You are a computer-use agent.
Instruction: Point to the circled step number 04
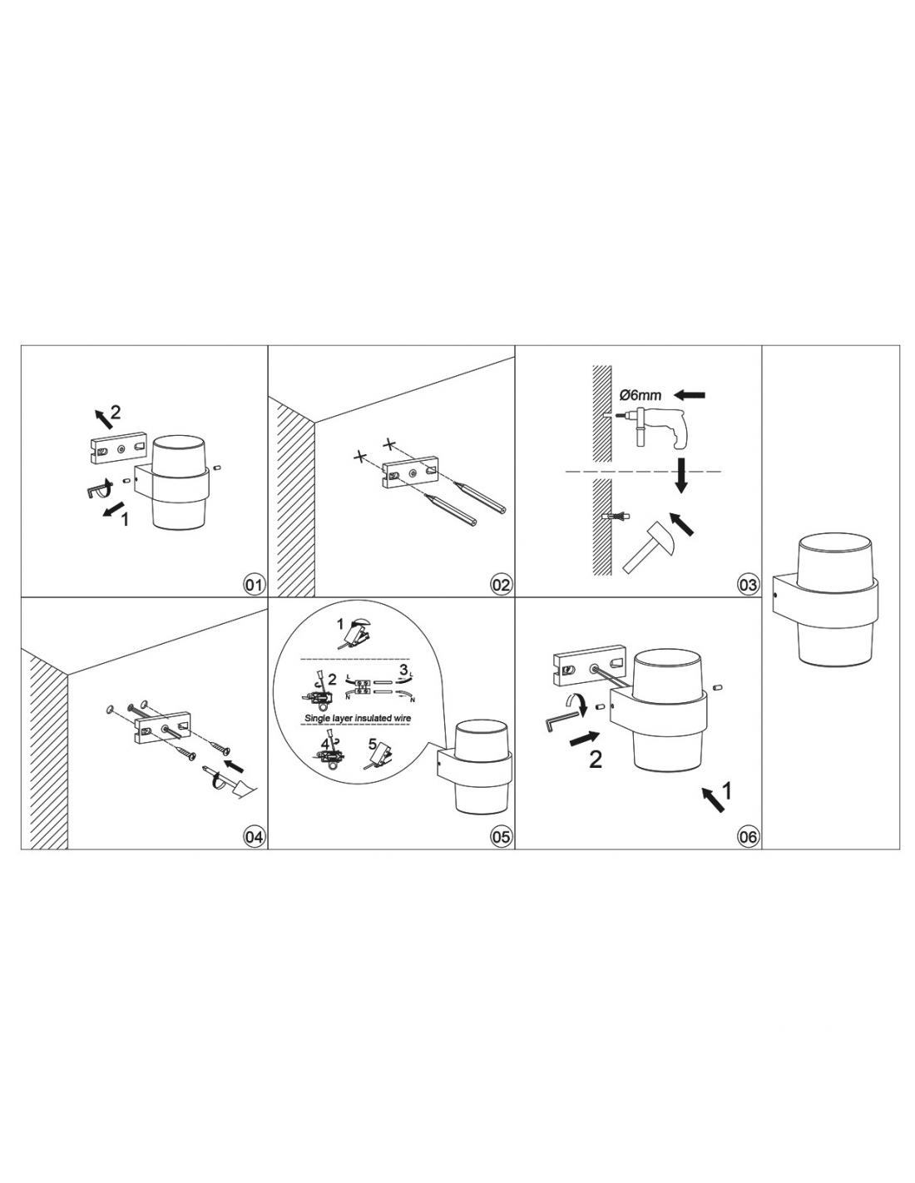[x=254, y=837]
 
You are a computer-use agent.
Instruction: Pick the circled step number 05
[x=501, y=837]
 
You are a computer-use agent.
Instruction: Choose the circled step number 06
[x=747, y=837]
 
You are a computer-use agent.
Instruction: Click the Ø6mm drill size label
[x=640, y=395]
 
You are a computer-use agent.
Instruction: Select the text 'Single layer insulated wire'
[x=358, y=718]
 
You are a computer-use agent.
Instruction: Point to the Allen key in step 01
[x=96, y=489]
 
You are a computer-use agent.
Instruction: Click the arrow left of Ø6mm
[x=689, y=394]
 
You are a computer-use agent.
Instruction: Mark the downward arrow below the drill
[x=680, y=475]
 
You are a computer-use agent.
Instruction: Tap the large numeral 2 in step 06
[x=596, y=759]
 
